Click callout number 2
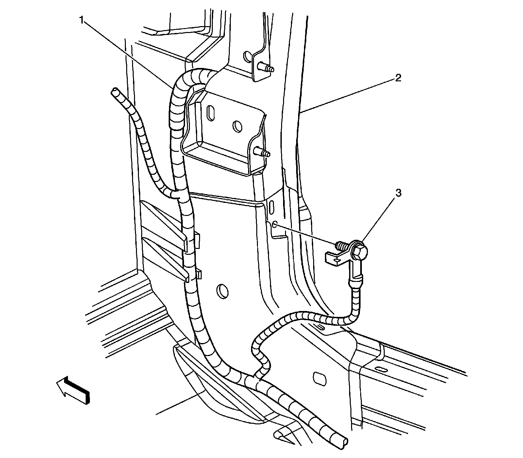pyautogui.click(x=398, y=78)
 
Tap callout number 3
pyautogui.click(x=398, y=193)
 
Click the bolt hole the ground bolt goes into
pyautogui.click(x=275, y=224)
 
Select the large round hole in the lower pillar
pyautogui.click(x=222, y=290)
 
